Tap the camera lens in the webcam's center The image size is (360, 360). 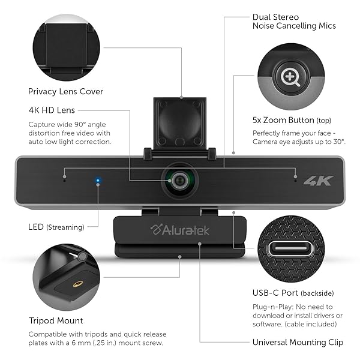pyautogui.click(x=179, y=178)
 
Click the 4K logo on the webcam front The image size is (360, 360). pyautogui.click(x=318, y=180)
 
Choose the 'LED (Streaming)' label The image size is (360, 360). pyautogui.click(x=55, y=227)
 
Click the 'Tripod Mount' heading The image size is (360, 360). pyautogui.click(x=56, y=320)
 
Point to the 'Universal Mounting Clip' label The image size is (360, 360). pyautogui.click(x=298, y=342)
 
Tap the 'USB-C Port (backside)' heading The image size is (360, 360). pyautogui.click(x=293, y=293)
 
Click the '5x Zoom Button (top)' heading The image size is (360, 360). pyautogui.click(x=292, y=119)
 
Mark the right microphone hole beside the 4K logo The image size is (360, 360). pyautogui.click(x=295, y=178)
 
